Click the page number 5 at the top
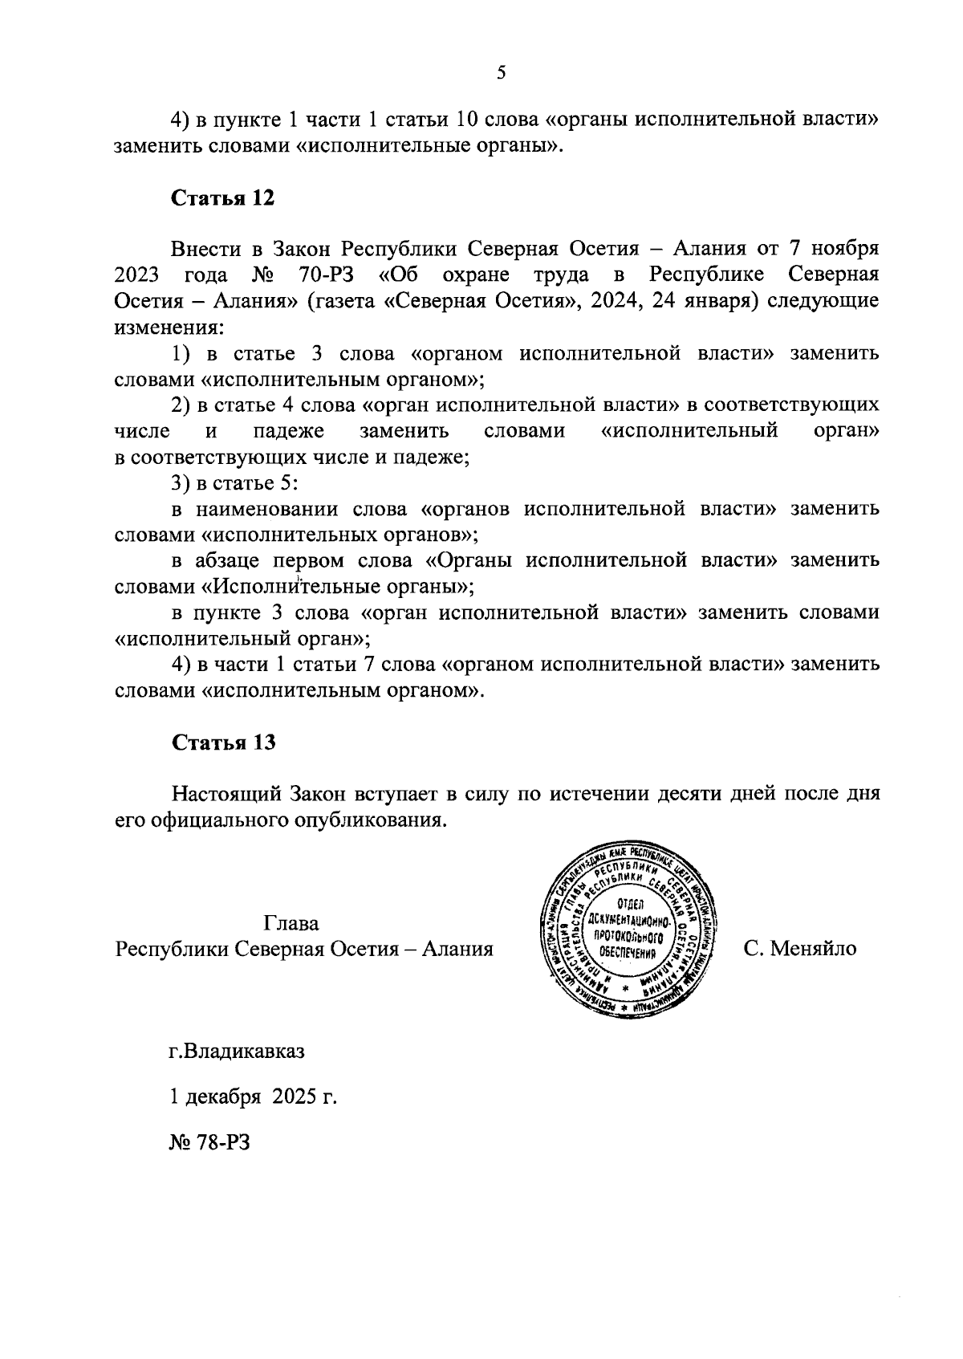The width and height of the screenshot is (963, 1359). click(x=502, y=74)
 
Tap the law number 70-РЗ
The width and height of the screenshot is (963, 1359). click(x=321, y=275)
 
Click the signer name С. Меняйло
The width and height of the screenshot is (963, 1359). click(x=799, y=949)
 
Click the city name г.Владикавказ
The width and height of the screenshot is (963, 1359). click(x=237, y=1051)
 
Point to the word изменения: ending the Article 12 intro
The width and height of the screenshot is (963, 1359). click(x=169, y=328)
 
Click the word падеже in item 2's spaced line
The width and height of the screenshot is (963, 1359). click(x=289, y=431)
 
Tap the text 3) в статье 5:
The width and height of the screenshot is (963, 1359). click(x=235, y=483)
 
